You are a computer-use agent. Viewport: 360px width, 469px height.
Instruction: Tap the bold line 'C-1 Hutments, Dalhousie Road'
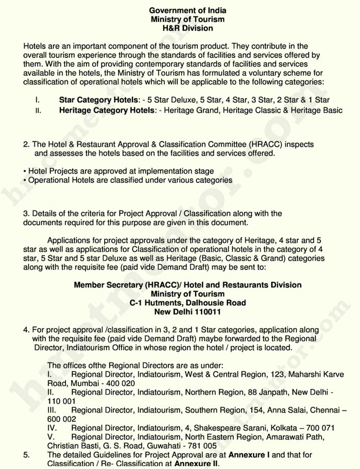[x=187, y=303]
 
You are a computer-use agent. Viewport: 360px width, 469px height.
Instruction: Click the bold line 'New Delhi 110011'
[x=187, y=312]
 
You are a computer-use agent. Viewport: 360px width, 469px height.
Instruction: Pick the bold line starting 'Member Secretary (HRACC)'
[x=187, y=285]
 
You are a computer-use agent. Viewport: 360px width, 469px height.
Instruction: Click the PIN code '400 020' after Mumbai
[x=122, y=383]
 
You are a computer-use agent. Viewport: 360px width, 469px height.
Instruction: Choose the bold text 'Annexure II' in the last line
[x=196, y=464]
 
